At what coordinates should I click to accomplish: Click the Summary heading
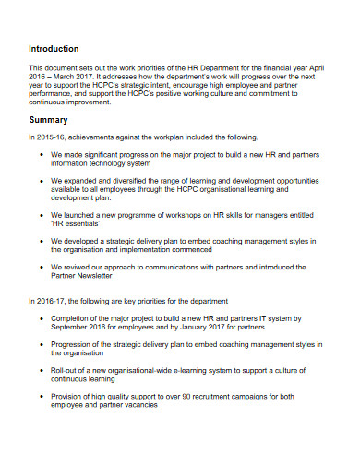coord(48,120)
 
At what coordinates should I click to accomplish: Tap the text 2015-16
coord(51,137)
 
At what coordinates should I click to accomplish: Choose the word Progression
coord(74,343)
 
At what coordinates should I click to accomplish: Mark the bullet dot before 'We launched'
coord(42,215)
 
